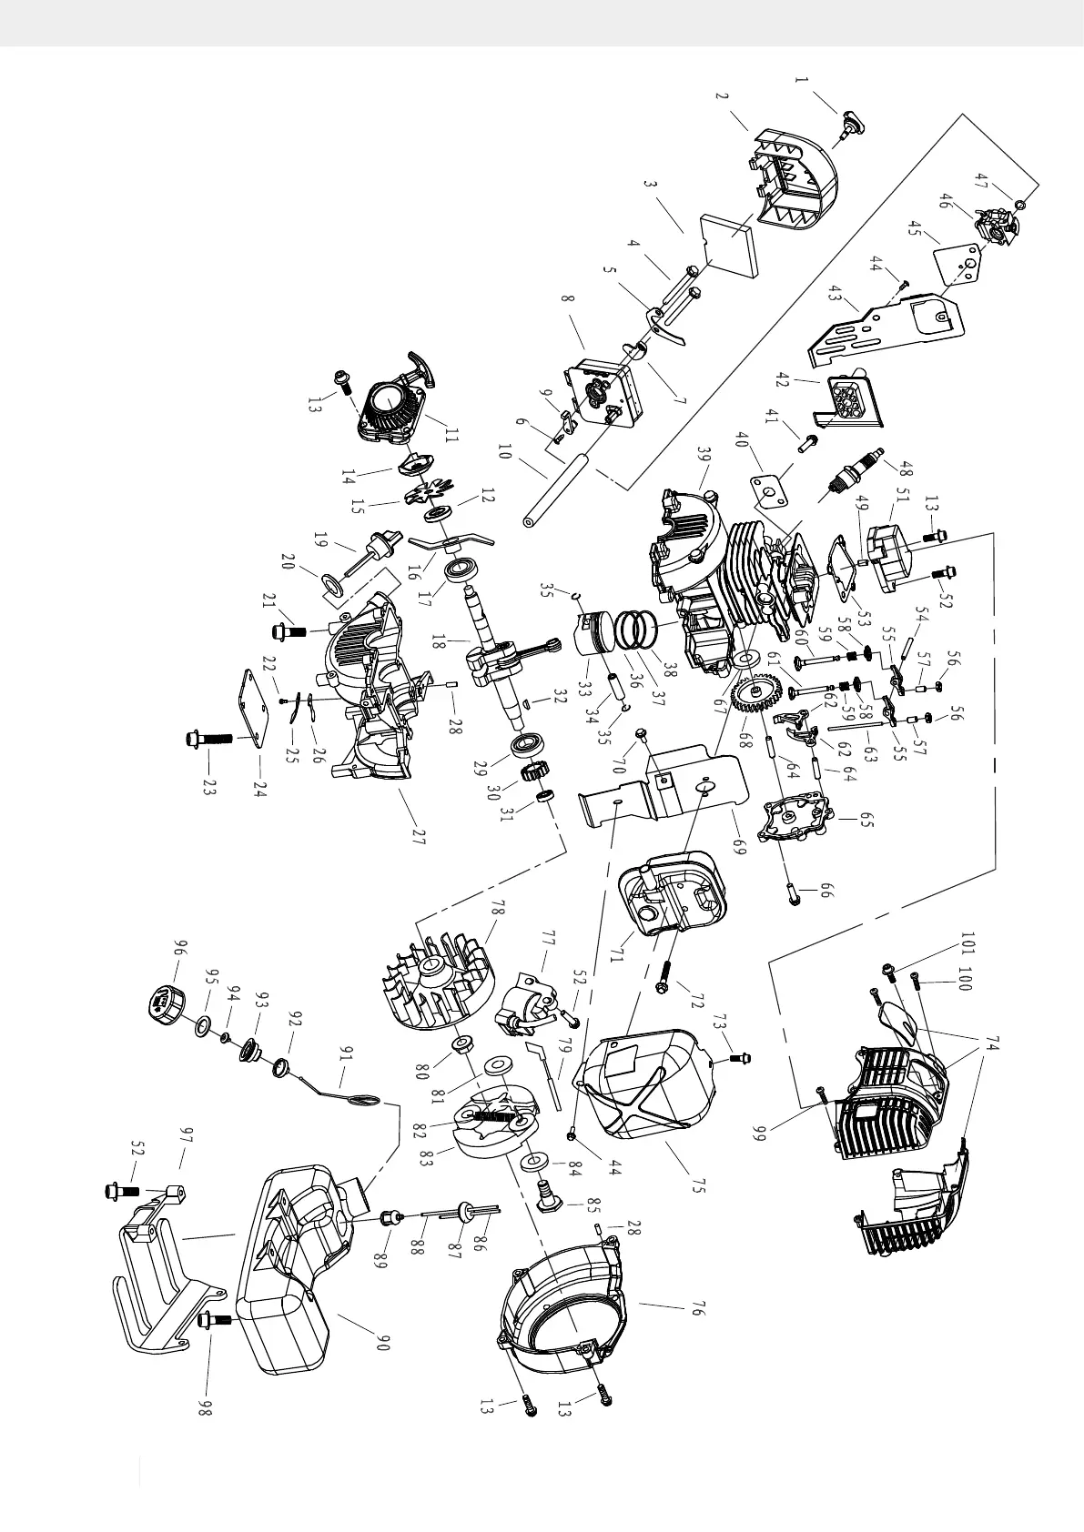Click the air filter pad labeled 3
pos(730,245)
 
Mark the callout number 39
pos(703,454)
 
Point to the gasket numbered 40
pos(769,491)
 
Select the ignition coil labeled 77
pos(525,1005)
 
